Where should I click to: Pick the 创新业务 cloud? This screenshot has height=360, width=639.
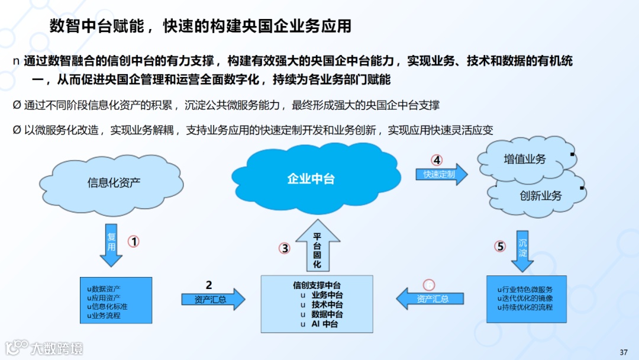coord(540,195)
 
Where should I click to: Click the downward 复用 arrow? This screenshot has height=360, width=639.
coord(111,244)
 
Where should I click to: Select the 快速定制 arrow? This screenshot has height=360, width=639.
coord(441,174)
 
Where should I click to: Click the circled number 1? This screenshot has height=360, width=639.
coord(134,242)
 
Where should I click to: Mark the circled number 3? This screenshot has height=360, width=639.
coord(285,249)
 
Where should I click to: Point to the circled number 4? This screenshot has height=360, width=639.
coord(437,160)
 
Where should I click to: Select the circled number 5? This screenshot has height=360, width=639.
coord(500,246)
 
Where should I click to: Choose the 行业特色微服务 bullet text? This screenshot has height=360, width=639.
coord(525,290)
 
